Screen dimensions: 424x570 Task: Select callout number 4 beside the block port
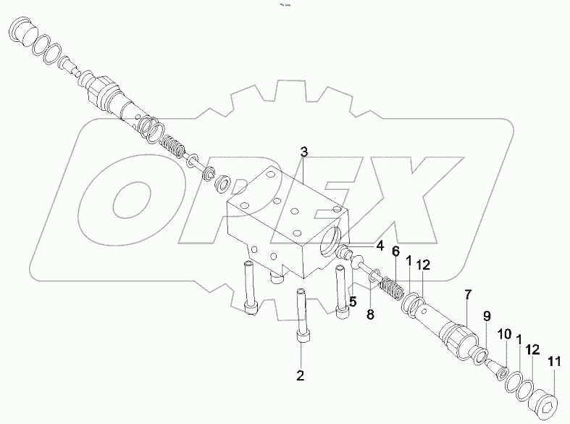[380, 246]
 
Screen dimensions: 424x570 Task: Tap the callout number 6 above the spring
[395, 252]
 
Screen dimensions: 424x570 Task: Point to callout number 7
[468, 294]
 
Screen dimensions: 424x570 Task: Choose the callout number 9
[487, 316]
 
